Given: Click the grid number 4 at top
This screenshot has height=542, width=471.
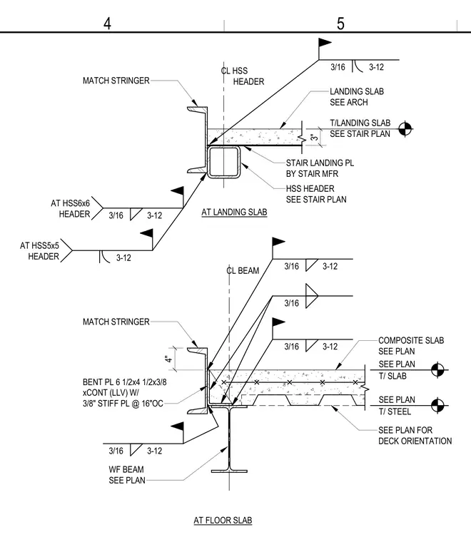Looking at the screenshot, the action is (x=107, y=24).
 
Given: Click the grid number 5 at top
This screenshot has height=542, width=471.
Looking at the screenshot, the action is (x=340, y=24).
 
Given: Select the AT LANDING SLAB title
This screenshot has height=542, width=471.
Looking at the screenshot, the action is (x=234, y=212).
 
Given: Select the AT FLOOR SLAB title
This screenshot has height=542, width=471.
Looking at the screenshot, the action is (x=223, y=520).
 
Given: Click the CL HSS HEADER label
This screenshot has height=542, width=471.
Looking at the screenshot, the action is (x=243, y=76).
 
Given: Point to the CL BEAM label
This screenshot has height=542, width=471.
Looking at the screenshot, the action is (x=243, y=271).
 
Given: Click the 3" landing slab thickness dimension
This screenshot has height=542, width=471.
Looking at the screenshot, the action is (x=314, y=137).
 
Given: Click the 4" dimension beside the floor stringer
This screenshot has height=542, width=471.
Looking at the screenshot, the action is (x=168, y=359).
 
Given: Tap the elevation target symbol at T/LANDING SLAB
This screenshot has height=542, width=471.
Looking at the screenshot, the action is (x=405, y=129).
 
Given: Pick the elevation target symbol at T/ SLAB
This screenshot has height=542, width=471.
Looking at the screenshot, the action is (x=437, y=369).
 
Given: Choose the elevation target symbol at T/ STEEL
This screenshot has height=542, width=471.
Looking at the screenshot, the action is (x=437, y=405).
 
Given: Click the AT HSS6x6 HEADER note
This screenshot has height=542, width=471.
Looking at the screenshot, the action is (x=70, y=208).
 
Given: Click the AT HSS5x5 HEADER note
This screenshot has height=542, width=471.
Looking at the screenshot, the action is (x=39, y=251).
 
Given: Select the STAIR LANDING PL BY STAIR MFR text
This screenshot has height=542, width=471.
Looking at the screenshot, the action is (x=320, y=168).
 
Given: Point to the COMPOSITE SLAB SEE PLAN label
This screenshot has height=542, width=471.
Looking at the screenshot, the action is (x=411, y=346).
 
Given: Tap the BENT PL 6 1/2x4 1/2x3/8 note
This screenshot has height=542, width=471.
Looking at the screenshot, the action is (x=124, y=382).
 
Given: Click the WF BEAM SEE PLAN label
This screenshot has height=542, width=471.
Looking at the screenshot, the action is (x=126, y=474).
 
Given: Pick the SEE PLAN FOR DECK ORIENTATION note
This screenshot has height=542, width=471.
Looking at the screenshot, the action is (x=415, y=436).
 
